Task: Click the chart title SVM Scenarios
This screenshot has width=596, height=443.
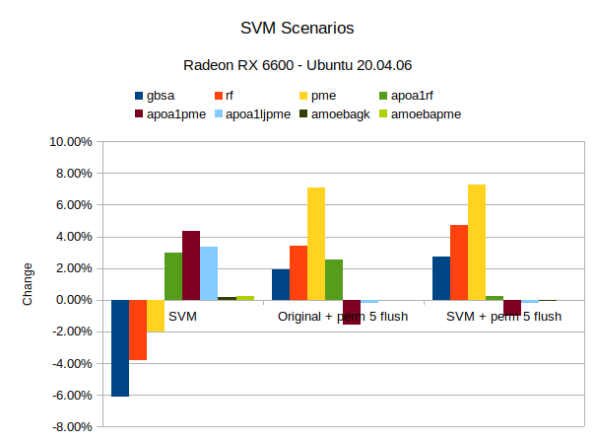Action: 298,29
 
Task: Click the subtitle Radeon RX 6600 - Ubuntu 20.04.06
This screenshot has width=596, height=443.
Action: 298,65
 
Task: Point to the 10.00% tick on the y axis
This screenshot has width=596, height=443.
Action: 71,142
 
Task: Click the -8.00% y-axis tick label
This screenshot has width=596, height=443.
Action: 71,427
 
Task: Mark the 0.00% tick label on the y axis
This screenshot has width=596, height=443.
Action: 71,300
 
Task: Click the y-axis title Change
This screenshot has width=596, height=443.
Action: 28,284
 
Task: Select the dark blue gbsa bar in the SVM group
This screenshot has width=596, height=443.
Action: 120,347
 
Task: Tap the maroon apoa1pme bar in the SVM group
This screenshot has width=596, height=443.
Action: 191,265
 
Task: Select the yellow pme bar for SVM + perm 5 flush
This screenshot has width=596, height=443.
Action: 477,242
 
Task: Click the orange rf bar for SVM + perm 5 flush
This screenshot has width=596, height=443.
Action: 459,262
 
